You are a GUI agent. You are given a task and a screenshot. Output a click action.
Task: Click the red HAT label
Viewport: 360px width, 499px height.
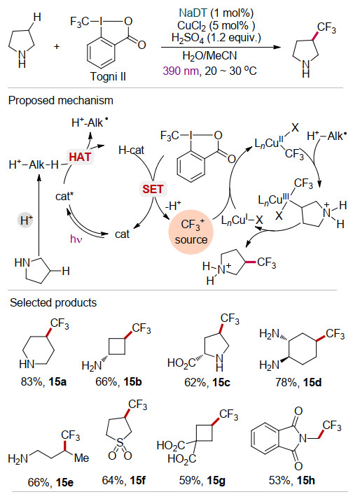80,157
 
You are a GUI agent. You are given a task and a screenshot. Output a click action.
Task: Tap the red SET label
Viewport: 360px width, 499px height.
153,189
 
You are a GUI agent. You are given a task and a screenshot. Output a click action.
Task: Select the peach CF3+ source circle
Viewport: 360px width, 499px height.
191,232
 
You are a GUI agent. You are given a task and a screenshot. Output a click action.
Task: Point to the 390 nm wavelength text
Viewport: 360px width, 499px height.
181,70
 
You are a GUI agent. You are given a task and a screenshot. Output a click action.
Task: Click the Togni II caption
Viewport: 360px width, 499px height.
108,76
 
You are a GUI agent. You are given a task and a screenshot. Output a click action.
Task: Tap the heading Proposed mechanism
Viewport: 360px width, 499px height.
61,100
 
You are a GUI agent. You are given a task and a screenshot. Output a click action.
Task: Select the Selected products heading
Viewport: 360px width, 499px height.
53,302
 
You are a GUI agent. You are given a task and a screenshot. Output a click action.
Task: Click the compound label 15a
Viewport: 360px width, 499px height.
57,381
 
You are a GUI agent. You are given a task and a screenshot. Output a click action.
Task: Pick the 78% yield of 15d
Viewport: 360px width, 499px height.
286,382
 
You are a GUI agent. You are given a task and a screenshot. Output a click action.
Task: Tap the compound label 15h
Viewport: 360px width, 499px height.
306,480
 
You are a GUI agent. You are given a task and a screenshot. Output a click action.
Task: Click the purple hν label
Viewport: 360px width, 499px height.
76,239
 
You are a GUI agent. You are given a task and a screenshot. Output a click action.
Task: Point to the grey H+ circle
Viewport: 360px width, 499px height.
26,220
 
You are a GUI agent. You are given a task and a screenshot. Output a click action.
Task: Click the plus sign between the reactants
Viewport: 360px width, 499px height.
57,46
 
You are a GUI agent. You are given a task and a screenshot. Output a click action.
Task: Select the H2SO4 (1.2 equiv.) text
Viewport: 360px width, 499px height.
216,38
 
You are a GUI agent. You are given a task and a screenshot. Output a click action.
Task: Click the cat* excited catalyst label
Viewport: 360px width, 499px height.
64,196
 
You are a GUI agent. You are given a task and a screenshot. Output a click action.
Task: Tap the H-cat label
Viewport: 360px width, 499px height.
131,150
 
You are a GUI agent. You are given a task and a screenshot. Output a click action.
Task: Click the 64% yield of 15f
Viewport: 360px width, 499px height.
113,480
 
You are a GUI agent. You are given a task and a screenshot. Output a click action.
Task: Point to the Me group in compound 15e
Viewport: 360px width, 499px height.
81,458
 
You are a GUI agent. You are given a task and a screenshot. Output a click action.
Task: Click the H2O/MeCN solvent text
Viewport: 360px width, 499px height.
209,56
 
